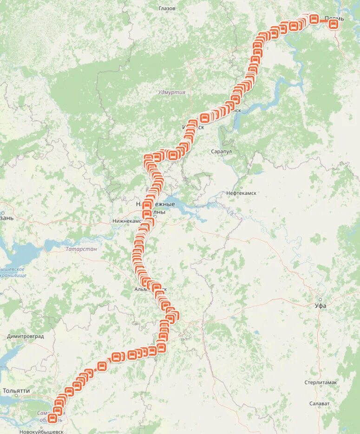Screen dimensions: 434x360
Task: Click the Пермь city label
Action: [x=334, y=19]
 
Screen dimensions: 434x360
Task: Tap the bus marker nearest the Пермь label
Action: [x=333, y=25]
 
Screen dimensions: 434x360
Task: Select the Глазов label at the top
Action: [x=167, y=9]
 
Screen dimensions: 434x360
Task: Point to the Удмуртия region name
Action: [x=171, y=92]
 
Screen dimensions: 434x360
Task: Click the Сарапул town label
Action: [x=221, y=152]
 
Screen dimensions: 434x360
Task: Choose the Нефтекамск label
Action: [x=241, y=193]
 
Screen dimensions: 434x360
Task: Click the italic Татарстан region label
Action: [x=81, y=249]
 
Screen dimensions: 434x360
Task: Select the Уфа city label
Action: [x=321, y=305]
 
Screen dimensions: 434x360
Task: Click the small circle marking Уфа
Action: [x=320, y=299]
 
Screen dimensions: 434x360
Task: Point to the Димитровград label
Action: [x=26, y=336]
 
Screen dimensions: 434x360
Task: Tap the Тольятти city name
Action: [x=16, y=391]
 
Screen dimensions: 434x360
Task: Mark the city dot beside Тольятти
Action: [x=16, y=396]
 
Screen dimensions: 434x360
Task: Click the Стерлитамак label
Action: [x=321, y=382]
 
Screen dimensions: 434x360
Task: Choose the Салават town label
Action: [x=320, y=404]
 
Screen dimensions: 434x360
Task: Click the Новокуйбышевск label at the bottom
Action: [x=41, y=431]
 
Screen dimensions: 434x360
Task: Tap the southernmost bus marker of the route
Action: [x=53, y=419]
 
